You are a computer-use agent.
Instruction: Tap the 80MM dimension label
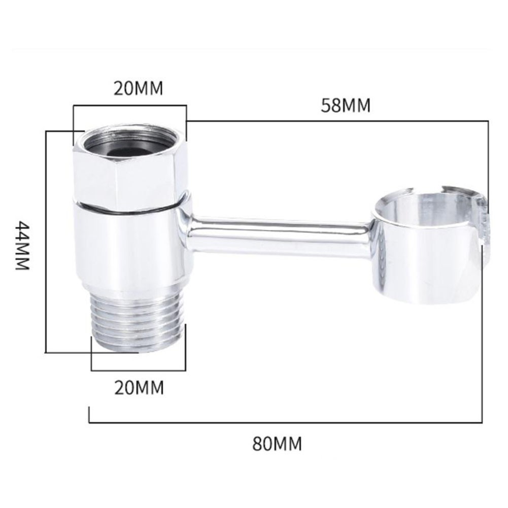(277, 444)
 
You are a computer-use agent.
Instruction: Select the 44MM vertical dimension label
(23, 245)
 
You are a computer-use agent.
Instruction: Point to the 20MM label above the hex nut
(139, 88)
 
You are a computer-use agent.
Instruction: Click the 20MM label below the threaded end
(139, 387)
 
